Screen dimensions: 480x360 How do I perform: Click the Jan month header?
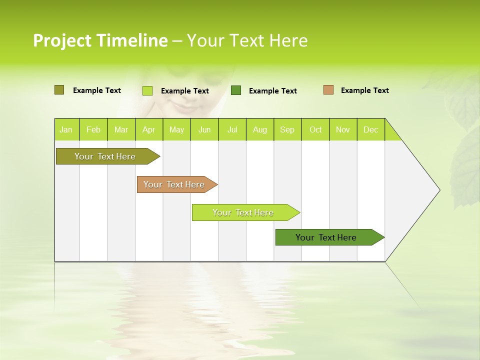click(x=66, y=130)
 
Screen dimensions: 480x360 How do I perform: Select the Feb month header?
click(x=93, y=130)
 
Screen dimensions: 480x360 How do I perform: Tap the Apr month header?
click(x=149, y=130)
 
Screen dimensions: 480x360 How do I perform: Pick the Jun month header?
click(x=204, y=130)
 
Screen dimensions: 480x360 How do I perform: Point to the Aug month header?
click(x=260, y=130)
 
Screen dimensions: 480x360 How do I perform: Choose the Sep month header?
click(x=287, y=130)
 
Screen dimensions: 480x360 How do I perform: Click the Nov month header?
click(x=343, y=130)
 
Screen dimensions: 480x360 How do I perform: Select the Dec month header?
click(x=371, y=130)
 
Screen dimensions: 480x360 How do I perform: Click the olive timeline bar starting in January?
click(x=105, y=156)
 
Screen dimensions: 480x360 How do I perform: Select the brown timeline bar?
click(x=174, y=184)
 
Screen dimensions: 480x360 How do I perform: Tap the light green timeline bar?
click(x=243, y=212)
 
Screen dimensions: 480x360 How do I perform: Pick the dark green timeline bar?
click(x=326, y=237)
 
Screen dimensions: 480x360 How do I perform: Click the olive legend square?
click(x=59, y=90)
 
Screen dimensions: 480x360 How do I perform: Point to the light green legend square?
click(x=147, y=90)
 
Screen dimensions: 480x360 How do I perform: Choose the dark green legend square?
click(x=236, y=90)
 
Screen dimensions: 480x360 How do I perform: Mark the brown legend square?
click(x=328, y=90)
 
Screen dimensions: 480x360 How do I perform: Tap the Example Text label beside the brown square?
click(x=365, y=90)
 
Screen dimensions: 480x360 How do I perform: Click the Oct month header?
click(x=315, y=130)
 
